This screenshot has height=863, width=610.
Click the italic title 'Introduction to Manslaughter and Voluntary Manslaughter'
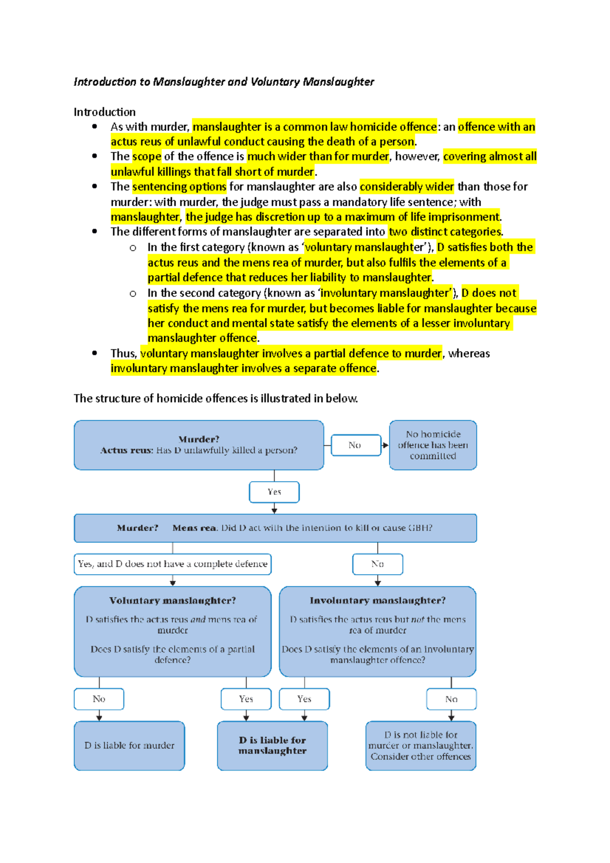(x=224, y=82)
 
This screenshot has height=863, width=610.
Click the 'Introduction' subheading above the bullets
(x=105, y=112)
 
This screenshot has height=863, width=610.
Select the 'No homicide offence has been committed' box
(x=433, y=445)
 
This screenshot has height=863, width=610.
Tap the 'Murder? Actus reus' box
(x=199, y=445)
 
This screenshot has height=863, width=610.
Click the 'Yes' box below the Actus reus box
(x=274, y=492)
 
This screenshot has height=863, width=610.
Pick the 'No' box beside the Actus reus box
(x=355, y=445)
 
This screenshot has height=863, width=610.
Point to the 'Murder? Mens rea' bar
(x=275, y=528)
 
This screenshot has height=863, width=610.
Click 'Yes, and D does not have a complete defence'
(x=172, y=564)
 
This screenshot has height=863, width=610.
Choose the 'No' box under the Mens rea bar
(x=378, y=564)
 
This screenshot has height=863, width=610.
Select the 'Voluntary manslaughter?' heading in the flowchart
(x=172, y=601)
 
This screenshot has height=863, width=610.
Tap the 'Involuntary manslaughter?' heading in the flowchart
(x=378, y=601)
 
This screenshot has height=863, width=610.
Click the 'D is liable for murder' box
(x=129, y=746)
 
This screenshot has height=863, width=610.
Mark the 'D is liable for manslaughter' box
(x=272, y=746)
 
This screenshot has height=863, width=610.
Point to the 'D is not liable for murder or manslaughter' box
(x=421, y=746)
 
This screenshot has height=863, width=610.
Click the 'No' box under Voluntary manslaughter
(x=99, y=699)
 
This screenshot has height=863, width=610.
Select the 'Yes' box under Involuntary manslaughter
(x=304, y=699)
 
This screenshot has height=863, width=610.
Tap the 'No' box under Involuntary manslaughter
(x=451, y=699)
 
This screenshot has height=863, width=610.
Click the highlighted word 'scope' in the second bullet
(x=147, y=157)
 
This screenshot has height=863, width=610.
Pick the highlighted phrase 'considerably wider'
(x=407, y=187)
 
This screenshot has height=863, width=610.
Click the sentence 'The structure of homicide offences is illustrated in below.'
(x=216, y=398)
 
